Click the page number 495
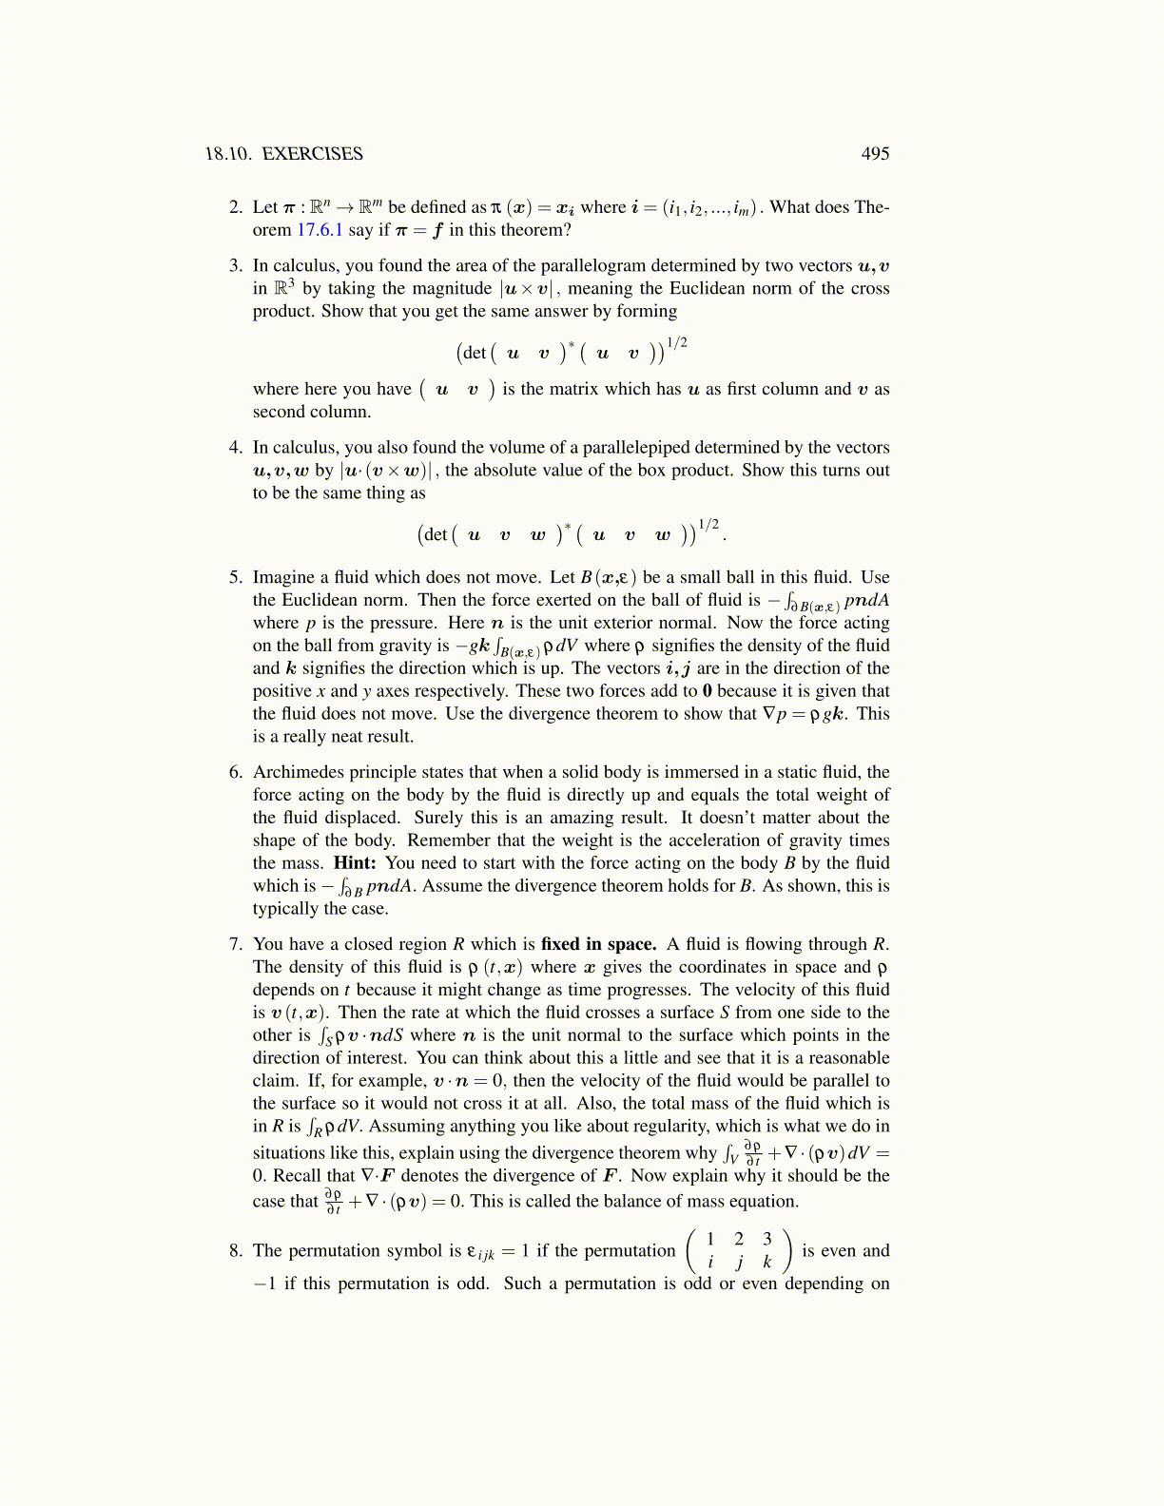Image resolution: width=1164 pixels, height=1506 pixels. tap(875, 154)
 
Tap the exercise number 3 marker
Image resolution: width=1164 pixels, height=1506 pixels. tap(235, 266)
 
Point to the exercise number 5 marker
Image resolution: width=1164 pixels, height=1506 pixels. tap(235, 577)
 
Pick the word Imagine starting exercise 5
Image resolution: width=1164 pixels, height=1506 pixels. tap(285, 577)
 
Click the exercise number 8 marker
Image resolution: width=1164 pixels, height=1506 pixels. tap(235, 1251)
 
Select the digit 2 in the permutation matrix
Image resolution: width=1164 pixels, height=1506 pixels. tap(739, 1239)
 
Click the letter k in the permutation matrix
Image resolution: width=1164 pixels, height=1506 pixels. tap(767, 1264)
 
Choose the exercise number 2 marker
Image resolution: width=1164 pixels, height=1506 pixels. tap(235, 207)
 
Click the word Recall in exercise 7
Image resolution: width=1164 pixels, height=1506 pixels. tap(298, 1176)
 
